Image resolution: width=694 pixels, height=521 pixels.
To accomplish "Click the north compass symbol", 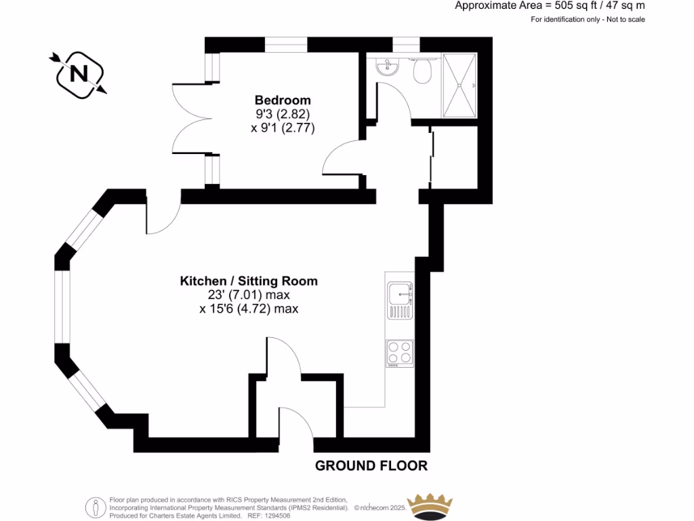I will click(79, 73).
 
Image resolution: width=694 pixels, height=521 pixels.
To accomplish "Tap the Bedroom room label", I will click(283, 100).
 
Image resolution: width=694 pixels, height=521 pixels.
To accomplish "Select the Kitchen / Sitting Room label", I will click(249, 281).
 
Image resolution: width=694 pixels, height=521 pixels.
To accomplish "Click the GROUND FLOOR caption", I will click(371, 466).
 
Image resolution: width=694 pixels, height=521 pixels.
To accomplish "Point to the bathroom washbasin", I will click(388, 67).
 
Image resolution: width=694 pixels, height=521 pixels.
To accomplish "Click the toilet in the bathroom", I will click(423, 71).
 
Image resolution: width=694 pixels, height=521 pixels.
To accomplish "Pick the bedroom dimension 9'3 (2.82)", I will click(282, 114).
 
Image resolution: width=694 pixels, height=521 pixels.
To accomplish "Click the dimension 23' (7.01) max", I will click(249, 295).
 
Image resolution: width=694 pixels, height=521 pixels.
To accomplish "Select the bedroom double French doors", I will click(192, 119).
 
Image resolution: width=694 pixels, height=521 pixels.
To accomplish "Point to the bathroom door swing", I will click(393, 102).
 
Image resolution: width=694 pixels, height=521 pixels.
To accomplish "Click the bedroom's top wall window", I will click(285, 45).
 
